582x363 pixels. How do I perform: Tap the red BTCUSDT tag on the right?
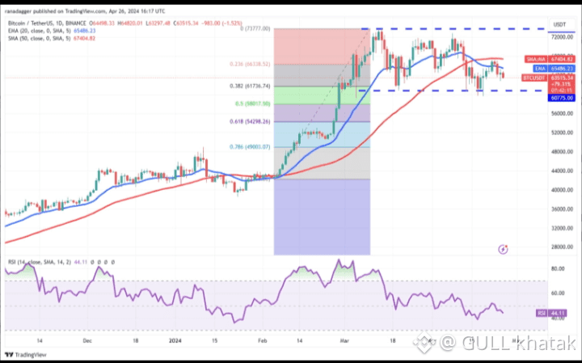point(533,78)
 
